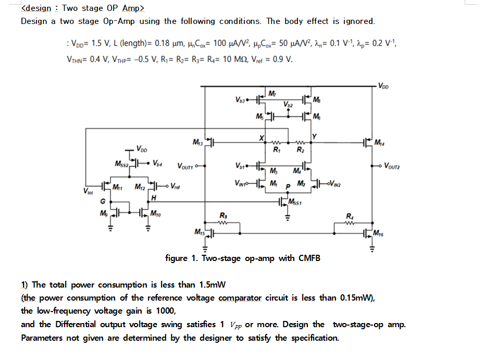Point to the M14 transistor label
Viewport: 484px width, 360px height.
coord(381,143)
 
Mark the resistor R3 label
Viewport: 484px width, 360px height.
coord(224,215)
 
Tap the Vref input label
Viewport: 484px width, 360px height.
coord(176,186)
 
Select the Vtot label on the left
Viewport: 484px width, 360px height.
coord(89,191)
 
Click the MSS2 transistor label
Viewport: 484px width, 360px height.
coord(121,165)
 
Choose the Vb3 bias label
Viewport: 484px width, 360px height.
coord(240,100)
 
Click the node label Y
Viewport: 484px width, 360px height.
coord(314,137)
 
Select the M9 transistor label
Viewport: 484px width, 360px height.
coord(103,212)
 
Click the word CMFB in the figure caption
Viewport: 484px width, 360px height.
coord(309,258)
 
